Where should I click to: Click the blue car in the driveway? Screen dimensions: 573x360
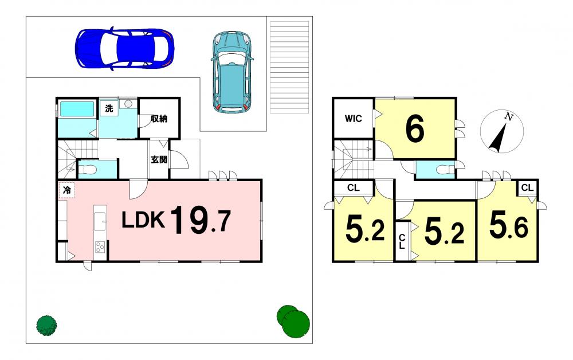(x=124, y=48)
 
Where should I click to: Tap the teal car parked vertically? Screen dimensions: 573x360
(x=232, y=72)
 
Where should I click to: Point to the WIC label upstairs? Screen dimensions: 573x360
(x=354, y=119)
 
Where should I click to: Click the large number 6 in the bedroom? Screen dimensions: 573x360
(x=415, y=128)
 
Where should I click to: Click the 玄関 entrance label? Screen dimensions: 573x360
(x=159, y=160)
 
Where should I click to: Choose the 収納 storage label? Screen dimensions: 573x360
(x=159, y=119)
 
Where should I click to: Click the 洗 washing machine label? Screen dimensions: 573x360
(x=109, y=108)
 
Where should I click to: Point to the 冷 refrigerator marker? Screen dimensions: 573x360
(x=67, y=190)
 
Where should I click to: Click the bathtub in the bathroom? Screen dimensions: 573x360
(x=77, y=109)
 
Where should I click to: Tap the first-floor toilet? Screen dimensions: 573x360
(x=88, y=170)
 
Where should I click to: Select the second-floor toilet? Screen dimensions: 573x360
(x=445, y=170)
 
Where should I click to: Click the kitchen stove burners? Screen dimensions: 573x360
(x=100, y=248)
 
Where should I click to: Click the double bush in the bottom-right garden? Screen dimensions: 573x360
(x=293, y=321)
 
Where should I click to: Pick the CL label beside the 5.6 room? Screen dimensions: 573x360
(x=527, y=188)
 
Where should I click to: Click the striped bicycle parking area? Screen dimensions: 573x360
(x=289, y=68)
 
